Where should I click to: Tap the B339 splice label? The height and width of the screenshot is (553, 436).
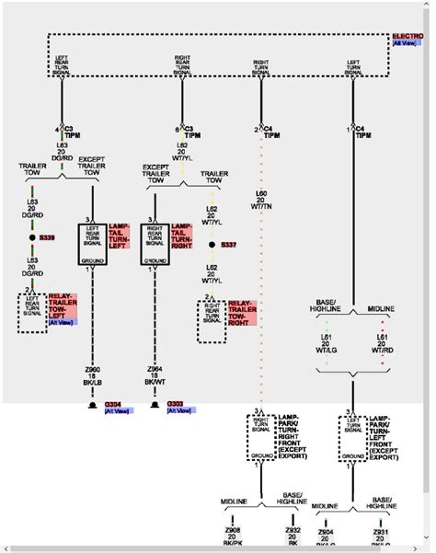(48, 236)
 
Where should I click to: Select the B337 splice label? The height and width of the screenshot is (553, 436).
(229, 245)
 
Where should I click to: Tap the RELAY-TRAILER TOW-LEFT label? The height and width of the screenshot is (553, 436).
(63, 305)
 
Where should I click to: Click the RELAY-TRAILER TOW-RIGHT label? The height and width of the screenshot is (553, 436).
(242, 311)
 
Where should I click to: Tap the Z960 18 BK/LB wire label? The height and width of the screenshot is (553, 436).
(93, 377)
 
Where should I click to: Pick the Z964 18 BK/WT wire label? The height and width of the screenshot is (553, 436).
(155, 377)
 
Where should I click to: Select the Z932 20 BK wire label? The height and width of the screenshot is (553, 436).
(292, 536)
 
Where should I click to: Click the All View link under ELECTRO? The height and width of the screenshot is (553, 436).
(405, 42)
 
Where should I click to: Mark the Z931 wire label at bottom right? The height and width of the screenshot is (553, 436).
(380, 537)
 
